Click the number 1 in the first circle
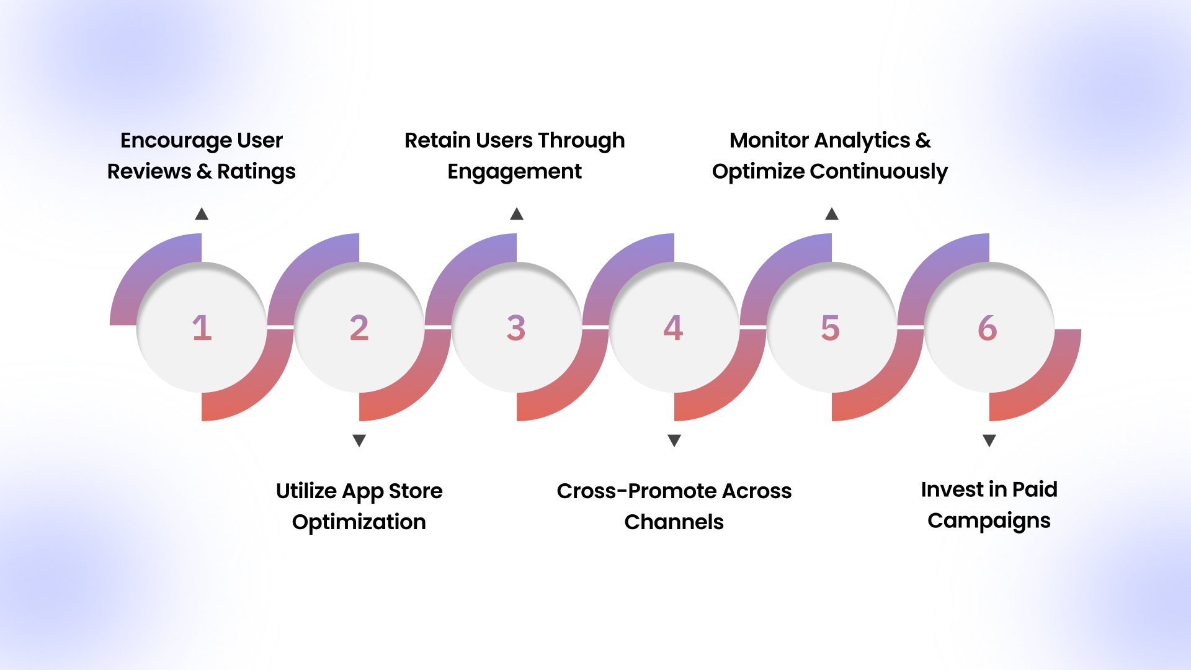pos(202,328)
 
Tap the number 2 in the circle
pos(359,328)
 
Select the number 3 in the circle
pos(516,328)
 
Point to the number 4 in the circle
pos(673,328)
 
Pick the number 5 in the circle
pos(830,328)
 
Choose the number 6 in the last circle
pos(988,328)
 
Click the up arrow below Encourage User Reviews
pos(202,215)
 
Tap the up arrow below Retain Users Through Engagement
pos(517,215)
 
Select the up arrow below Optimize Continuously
pos(832,215)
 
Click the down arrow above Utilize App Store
pos(359,440)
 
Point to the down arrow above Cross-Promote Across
pos(674,440)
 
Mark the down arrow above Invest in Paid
pos(989,440)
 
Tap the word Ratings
pos(256,172)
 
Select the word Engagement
pos(514,172)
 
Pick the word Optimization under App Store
pos(359,522)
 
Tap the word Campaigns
pos(989,521)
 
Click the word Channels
pos(674,522)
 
